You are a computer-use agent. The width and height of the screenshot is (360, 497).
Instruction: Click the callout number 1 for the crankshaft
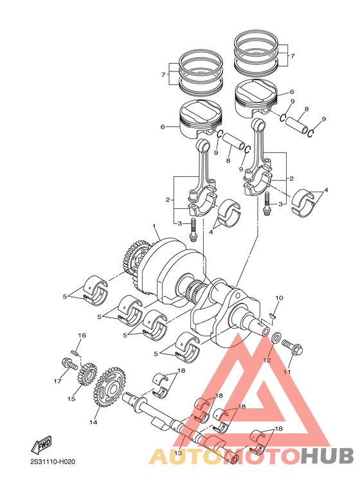click(155, 226)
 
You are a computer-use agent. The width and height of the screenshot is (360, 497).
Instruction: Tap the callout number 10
click(279, 298)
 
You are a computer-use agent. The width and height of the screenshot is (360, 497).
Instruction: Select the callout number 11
click(287, 372)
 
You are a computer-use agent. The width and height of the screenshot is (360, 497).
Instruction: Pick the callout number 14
click(93, 422)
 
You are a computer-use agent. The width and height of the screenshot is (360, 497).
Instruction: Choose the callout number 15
click(71, 399)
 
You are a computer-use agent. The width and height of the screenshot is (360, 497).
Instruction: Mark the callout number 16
click(82, 336)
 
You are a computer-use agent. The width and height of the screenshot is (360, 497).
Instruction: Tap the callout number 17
click(58, 381)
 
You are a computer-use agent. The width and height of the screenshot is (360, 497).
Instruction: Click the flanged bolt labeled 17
click(67, 365)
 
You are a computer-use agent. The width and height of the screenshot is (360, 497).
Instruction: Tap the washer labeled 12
click(274, 338)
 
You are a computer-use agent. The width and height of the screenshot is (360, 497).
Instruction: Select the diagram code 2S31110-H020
click(53, 462)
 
